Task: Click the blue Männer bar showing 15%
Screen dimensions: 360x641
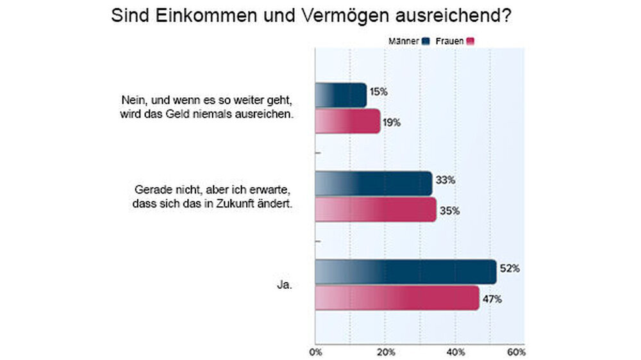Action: (x=340, y=95)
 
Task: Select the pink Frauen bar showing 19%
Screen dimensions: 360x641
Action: (x=347, y=121)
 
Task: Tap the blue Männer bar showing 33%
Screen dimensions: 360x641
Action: (x=373, y=183)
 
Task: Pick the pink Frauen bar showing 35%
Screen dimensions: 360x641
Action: (x=376, y=209)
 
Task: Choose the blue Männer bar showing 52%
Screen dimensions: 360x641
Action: (x=405, y=272)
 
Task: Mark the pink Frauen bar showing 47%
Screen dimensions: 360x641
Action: (x=397, y=298)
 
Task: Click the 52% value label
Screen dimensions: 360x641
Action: (x=511, y=269)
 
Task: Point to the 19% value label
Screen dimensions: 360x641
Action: (x=392, y=122)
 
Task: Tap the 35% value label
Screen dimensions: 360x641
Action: (x=448, y=211)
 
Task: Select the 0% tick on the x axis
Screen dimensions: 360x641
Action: (x=315, y=352)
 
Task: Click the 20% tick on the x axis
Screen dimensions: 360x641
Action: (x=385, y=352)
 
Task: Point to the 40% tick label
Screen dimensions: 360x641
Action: (x=455, y=352)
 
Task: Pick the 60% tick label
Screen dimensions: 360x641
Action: (x=516, y=352)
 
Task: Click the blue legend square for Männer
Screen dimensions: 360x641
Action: (x=425, y=41)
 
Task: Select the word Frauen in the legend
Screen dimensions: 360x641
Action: (x=450, y=41)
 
